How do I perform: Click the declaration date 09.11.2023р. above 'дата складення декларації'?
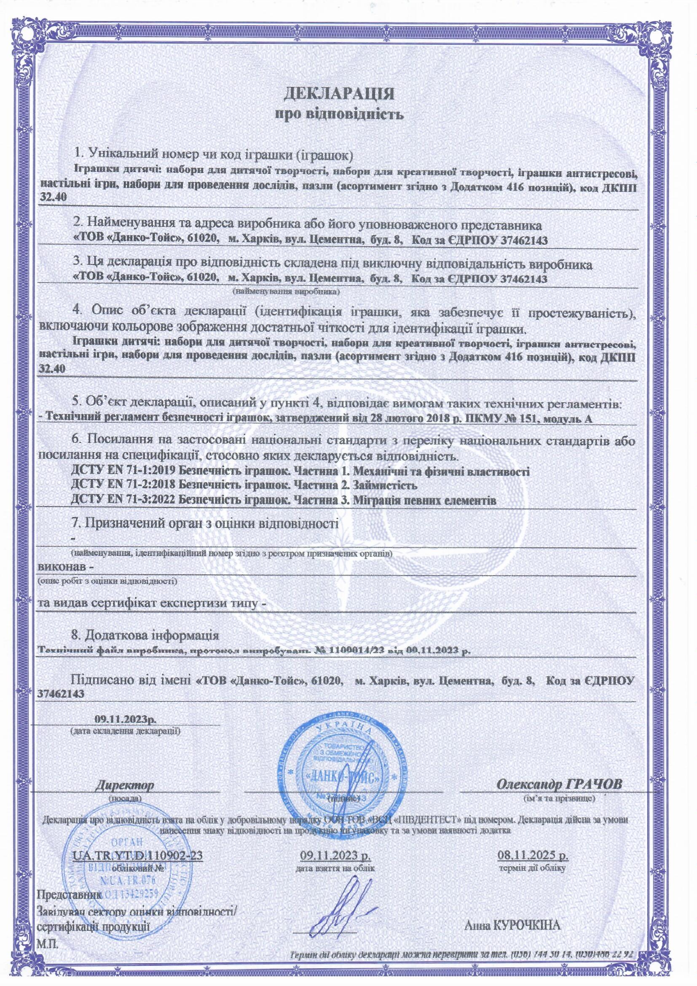[125, 719]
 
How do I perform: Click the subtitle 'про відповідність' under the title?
[339, 114]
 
